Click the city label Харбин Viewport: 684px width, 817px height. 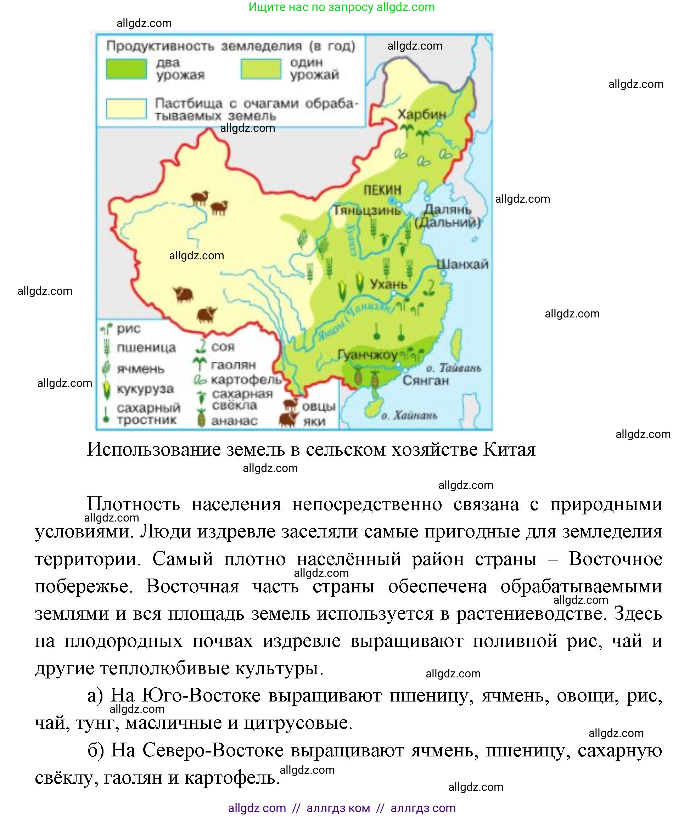(422, 114)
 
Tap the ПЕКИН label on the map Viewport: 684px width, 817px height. (382, 190)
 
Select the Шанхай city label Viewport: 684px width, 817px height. (462, 265)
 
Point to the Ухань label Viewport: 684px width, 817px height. (388, 284)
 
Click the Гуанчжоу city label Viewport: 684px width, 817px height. (367, 354)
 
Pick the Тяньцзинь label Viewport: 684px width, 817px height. (367, 210)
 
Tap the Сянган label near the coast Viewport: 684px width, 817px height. (425, 380)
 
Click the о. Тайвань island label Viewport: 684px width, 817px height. (453, 368)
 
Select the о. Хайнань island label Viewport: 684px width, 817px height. (409, 415)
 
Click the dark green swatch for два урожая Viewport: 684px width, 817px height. (127, 69)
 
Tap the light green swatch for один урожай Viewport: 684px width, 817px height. (261, 69)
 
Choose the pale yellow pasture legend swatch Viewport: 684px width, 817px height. (127, 108)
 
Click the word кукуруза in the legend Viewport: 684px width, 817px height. (145, 389)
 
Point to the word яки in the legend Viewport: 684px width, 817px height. (314, 421)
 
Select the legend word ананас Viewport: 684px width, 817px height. (234, 421)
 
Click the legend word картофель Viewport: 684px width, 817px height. (246, 379)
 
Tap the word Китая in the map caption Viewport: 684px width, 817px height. (509, 449)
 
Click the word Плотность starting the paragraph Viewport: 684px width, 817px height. (134, 504)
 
